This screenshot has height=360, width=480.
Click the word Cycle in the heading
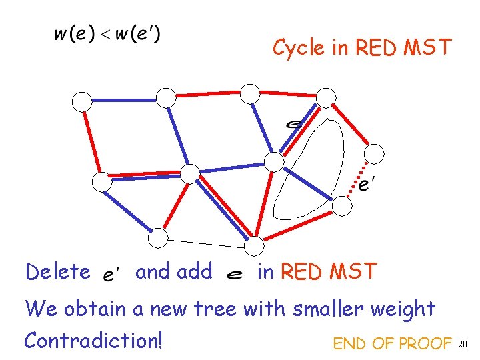coord(292,48)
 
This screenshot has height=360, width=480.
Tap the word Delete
coord(57,272)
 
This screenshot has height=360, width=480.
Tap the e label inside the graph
coord(292,124)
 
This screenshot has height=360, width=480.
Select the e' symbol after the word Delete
coord(111,273)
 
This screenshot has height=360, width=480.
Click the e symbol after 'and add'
coord(234,273)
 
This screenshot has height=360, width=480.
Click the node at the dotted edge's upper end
coord(375,154)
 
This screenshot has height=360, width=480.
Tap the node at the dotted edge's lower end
coord(342,206)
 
